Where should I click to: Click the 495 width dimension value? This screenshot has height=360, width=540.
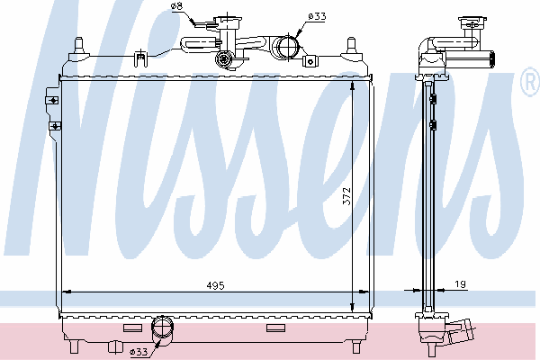pos(215,285)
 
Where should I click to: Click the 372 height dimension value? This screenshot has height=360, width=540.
pos(346,196)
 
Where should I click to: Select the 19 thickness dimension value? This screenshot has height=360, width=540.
pos(461,284)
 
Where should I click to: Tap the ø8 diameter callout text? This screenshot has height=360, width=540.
pos(176,6)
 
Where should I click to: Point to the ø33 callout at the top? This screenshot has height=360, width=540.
pos(317,16)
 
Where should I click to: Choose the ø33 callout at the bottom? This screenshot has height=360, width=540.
pos(139,351)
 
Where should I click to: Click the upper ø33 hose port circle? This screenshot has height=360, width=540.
pos(287,48)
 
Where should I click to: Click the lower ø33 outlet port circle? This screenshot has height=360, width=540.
pos(162,327)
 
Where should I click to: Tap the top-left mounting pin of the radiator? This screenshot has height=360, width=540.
pos(79,46)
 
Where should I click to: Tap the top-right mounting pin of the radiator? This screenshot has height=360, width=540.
pos(351,46)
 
